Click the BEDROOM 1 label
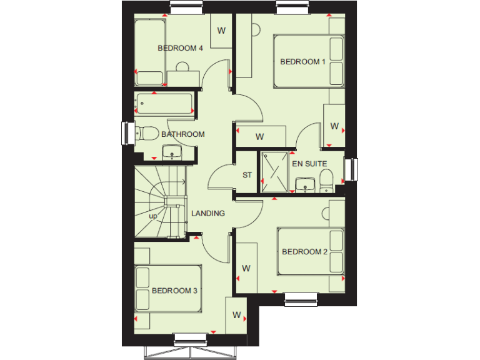pos(302,61)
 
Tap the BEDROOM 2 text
pos(304,252)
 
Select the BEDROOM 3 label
pos(174,291)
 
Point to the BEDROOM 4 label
pos(180,48)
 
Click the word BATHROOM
pos(183,134)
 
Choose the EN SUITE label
pos(309,164)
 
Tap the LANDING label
pos(208,213)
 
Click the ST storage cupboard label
pos(247,175)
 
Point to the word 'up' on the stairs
pos(152,216)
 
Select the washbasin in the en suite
pos(306,184)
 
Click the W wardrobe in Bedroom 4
pos(221,31)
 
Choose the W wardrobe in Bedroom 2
pos(246,268)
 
